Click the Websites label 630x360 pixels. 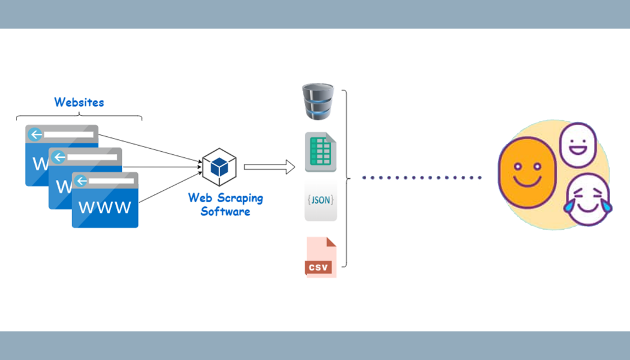[x=79, y=103]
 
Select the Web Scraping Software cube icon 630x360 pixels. [x=219, y=167]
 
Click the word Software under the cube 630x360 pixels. [x=225, y=211]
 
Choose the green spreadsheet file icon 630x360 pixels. [x=320, y=152]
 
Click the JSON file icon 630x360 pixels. [x=320, y=200]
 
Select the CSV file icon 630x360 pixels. [x=320, y=257]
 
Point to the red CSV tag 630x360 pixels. [x=319, y=267]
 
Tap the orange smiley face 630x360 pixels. [x=527, y=172]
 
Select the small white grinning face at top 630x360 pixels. [x=578, y=145]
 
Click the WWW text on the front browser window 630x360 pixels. [x=105, y=208]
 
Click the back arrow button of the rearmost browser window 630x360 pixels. [x=35, y=134]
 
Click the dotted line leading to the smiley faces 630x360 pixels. [x=422, y=178]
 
